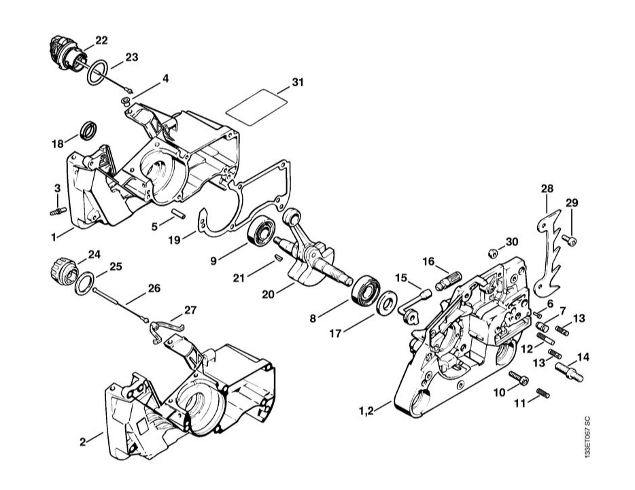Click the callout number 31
(297, 82)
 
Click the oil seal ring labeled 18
(88, 129)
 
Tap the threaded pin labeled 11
(542, 393)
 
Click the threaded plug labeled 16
(451, 278)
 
